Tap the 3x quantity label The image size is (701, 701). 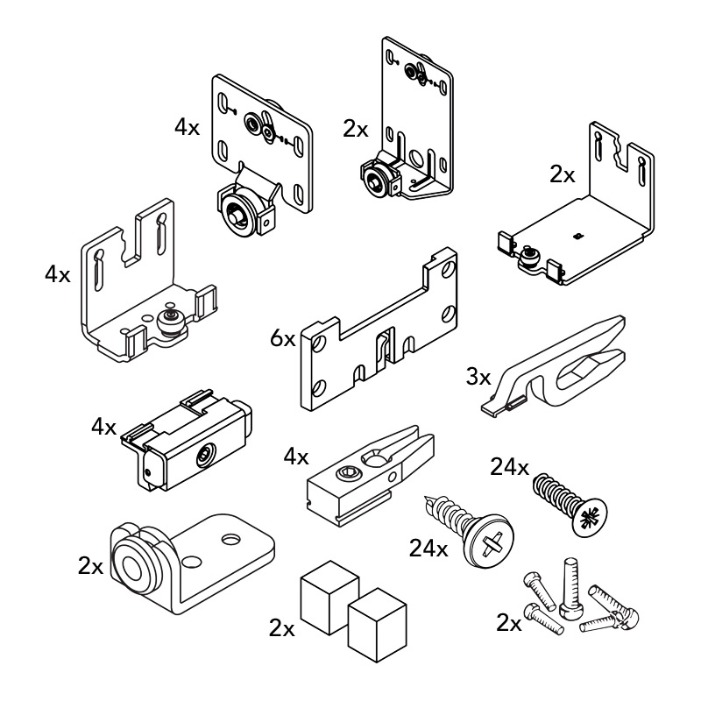click(x=478, y=378)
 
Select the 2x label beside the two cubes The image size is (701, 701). click(x=282, y=627)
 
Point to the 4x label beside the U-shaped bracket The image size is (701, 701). click(x=58, y=274)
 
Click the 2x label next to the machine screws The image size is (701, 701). click(x=508, y=623)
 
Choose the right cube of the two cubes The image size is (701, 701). click(x=377, y=625)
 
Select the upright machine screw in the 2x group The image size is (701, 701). click(x=570, y=585)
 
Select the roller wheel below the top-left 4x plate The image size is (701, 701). click(x=237, y=214)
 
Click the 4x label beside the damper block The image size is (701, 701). click(x=103, y=427)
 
